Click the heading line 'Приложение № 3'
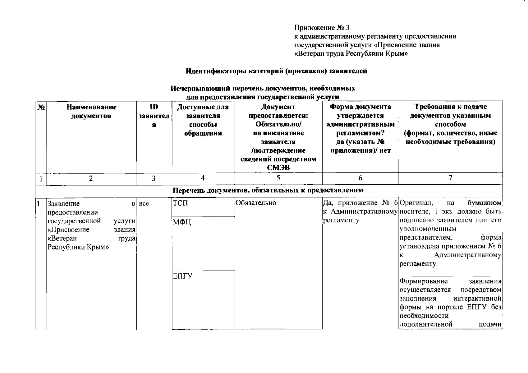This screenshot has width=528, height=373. tap(322, 28)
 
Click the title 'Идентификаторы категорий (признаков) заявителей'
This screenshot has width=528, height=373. tap(276, 71)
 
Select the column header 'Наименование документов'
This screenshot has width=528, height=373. tap(91, 112)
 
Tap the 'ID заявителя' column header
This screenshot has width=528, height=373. tap(154, 116)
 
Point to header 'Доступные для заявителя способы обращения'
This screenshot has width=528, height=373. tap(203, 120)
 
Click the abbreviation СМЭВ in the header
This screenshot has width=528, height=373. tap(278, 168)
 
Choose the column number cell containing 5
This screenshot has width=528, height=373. tap(278, 178)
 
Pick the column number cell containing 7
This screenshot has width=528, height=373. tap(450, 178)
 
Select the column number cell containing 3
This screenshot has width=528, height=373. tap(154, 178)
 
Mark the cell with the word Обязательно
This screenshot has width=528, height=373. tap(256, 203)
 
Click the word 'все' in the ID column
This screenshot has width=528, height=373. tap(144, 204)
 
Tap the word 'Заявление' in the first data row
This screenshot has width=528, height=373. tap(63, 204)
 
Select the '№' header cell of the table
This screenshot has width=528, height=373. tap(41, 108)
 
